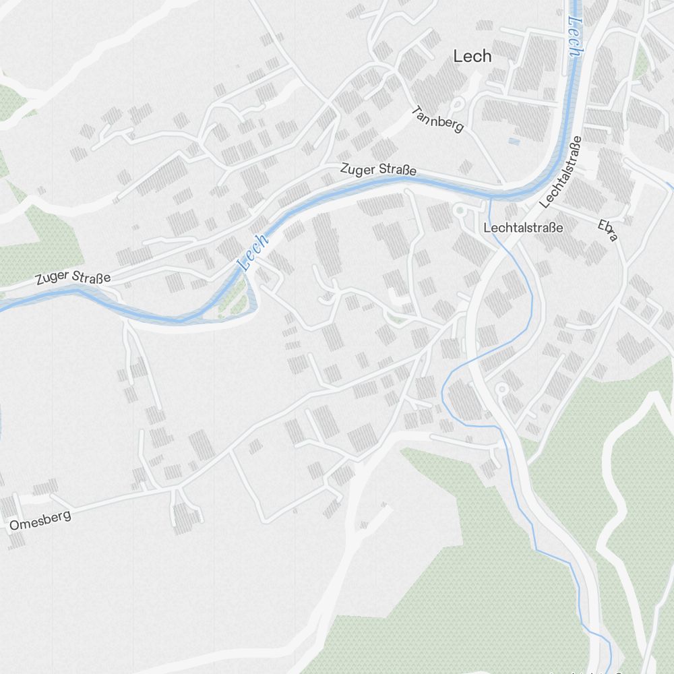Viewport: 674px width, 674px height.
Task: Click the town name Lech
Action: point(472,57)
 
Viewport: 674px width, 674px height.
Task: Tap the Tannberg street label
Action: point(437,119)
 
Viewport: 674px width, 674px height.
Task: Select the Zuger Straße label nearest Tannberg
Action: point(378,169)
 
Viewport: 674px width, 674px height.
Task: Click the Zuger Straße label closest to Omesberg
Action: point(73,276)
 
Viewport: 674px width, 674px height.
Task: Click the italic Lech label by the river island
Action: point(254,253)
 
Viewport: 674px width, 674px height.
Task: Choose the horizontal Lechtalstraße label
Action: point(523,228)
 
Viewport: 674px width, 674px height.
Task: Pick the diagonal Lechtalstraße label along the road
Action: point(561,173)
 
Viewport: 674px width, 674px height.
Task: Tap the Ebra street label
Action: point(607,229)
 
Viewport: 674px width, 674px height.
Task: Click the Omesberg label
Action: point(41,521)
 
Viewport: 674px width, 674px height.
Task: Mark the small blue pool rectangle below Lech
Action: point(514,142)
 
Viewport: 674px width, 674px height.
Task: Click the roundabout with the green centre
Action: point(461,211)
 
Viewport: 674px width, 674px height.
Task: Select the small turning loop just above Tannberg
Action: point(458,104)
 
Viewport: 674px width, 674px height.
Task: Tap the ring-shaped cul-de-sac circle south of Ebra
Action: point(501,389)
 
